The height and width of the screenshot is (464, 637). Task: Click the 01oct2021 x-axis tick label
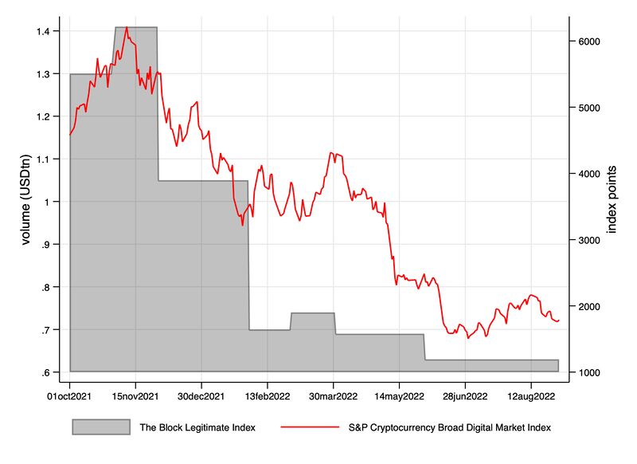click(70, 395)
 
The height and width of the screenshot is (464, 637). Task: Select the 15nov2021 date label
click(135, 395)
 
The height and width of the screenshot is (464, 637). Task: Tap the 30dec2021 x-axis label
click(201, 395)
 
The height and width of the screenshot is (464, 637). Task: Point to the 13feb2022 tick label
click(268, 395)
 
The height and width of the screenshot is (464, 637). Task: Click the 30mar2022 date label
click(333, 395)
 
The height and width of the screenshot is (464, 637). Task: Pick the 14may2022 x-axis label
click(399, 395)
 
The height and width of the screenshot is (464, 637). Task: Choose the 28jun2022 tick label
click(465, 395)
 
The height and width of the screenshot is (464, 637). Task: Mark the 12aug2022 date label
click(531, 395)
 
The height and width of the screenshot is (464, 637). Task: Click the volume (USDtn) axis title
click(25, 202)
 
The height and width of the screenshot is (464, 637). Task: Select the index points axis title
click(612, 200)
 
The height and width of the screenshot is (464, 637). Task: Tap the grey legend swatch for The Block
click(101, 427)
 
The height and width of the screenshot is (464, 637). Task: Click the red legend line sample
click(311, 427)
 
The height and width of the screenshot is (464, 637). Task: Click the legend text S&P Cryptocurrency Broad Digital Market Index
click(450, 427)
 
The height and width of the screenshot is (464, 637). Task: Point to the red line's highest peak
click(127, 27)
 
